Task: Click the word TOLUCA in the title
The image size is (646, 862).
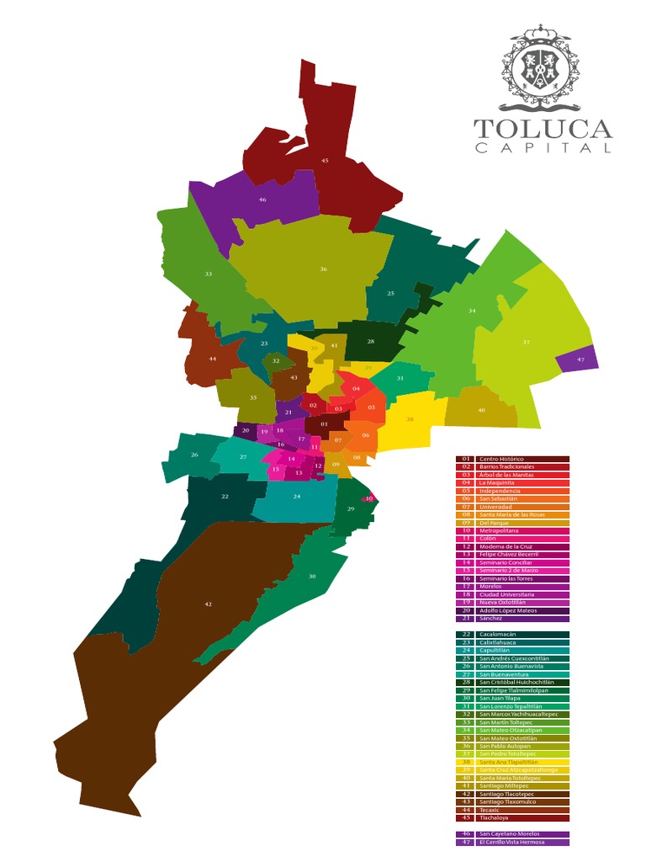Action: (543, 130)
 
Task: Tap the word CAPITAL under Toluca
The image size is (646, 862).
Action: (543, 149)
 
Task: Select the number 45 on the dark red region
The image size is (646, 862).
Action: (325, 160)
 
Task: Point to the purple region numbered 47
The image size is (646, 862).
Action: (580, 359)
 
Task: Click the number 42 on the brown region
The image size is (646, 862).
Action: (209, 604)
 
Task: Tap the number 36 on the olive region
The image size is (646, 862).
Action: (323, 269)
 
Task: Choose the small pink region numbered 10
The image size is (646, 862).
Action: (368, 499)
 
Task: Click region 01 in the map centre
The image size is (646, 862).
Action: (324, 424)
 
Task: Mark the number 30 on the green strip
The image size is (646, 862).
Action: (312, 577)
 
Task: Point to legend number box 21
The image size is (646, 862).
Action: (466, 618)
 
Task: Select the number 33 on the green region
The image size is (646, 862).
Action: (208, 274)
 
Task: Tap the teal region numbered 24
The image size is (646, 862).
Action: (296, 497)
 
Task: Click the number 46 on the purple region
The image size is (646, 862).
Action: (262, 200)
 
